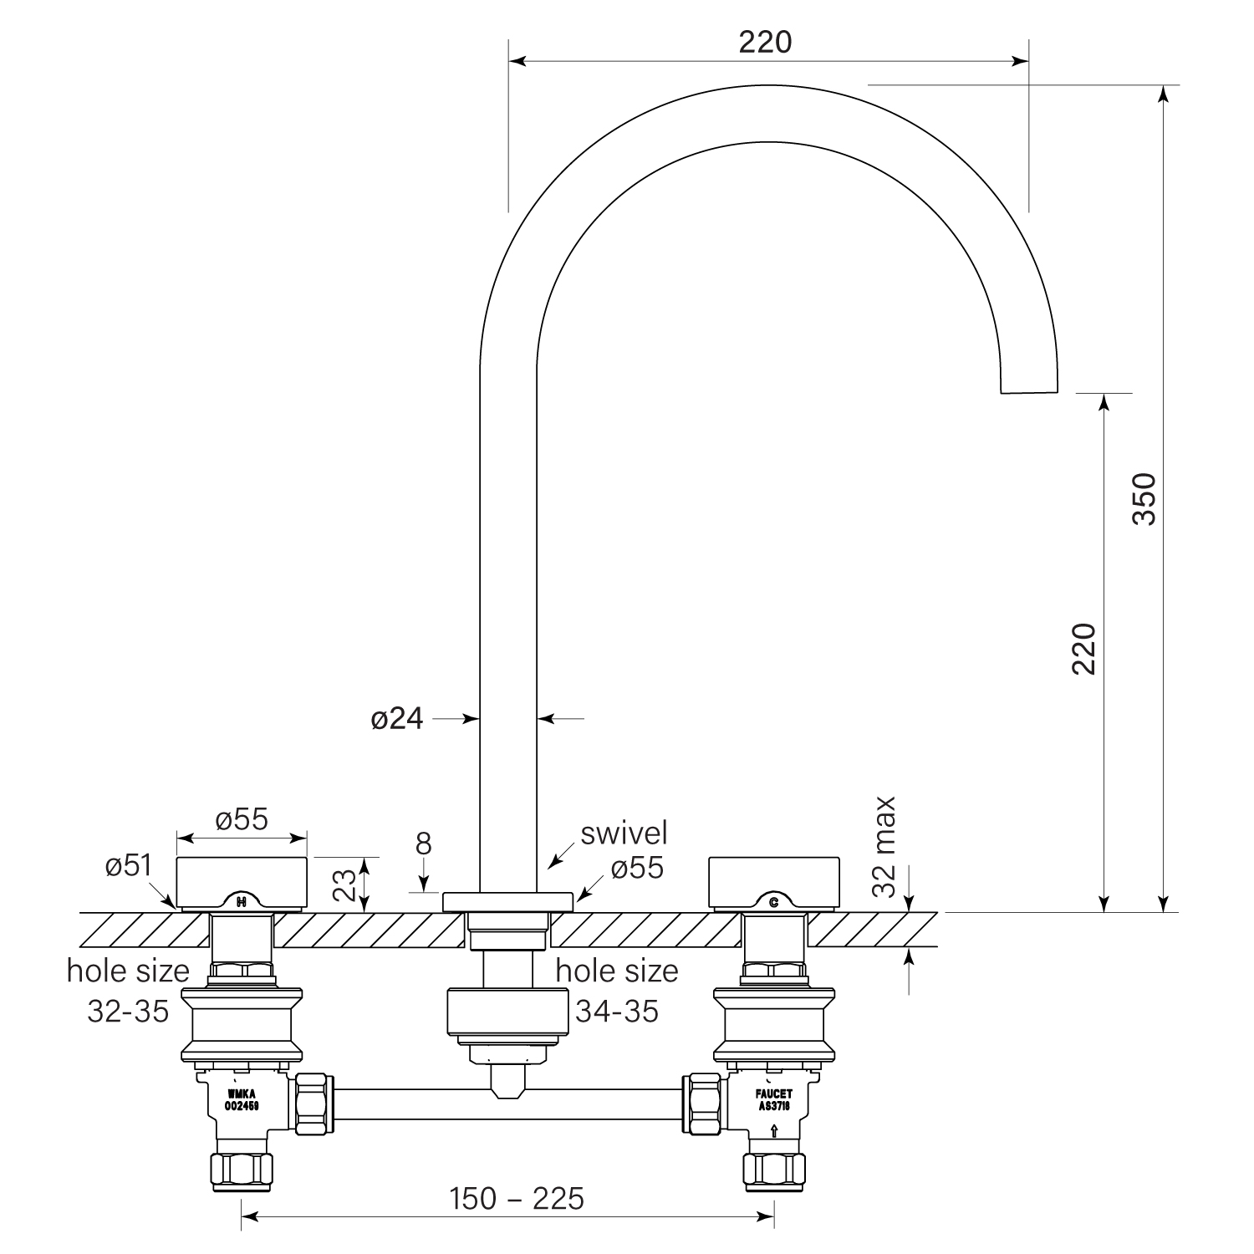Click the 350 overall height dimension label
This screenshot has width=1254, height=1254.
(x=1143, y=498)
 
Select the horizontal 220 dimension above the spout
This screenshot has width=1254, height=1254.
(x=765, y=42)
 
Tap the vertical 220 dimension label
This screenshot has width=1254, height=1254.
(x=1083, y=649)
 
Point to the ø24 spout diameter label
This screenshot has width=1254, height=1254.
(x=397, y=718)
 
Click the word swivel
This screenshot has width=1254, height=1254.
(x=624, y=833)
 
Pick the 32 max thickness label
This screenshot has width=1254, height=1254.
(x=883, y=846)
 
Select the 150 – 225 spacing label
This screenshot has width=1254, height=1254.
(x=517, y=1200)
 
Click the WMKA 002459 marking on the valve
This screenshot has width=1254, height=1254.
(x=242, y=1099)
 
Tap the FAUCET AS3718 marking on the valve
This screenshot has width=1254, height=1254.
(x=774, y=1099)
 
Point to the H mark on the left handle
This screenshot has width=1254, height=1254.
(x=242, y=902)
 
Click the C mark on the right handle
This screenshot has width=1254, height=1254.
(x=773, y=902)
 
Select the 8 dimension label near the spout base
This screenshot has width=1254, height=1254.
(x=424, y=844)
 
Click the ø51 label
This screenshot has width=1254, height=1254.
(x=129, y=866)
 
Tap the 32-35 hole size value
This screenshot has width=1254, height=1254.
(x=128, y=1011)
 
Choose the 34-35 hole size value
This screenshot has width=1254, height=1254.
(x=617, y=1011)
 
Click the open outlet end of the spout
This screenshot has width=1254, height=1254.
(x=1029, y=390)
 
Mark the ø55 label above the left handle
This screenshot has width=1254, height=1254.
(x=242, y=819)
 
